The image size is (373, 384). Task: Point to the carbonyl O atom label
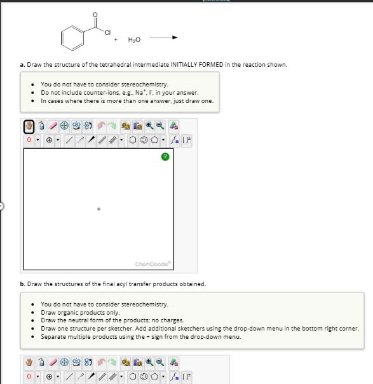[x=95, y=13]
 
